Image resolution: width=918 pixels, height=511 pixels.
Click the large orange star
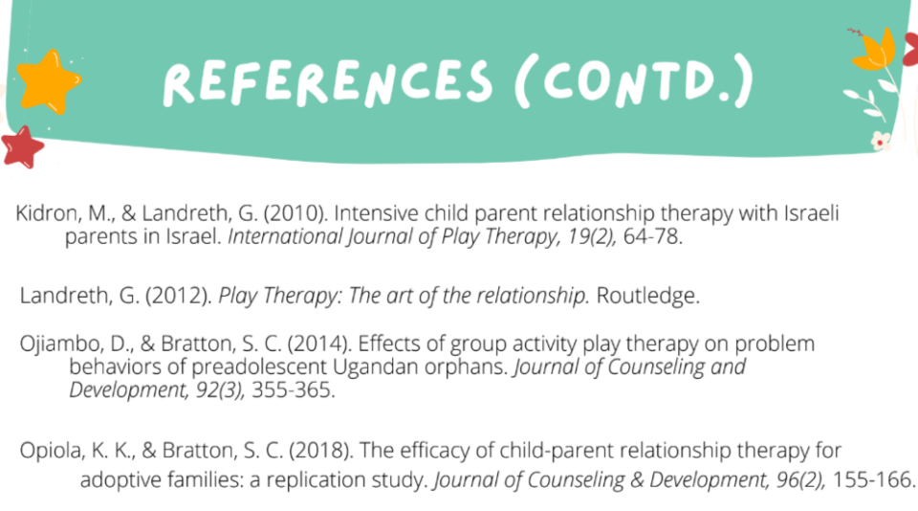tap(48, 81)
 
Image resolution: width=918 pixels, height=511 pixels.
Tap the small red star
tap(22, 147)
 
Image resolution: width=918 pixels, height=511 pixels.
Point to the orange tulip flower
tap(876, 49)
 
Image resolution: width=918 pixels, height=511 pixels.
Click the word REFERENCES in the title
tap(328, 82)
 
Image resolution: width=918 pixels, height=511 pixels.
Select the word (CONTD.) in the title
tap(634, 81)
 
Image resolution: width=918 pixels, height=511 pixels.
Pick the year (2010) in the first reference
tap(295, 213)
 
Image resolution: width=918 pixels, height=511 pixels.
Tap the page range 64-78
tap(653, 236)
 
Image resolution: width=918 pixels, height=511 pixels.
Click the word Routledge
tap(647, 296)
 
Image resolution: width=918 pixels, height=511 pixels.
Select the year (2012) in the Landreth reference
tap(179, 296)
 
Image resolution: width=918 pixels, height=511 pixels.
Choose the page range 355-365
tap(294, 390)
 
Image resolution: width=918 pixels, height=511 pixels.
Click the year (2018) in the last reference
tap(321, 451)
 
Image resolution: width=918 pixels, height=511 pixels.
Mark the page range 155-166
tap(873, 480)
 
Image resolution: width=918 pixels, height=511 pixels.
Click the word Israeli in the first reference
tap(812, 213)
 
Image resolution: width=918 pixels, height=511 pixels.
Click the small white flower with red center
tap(880, 141)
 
